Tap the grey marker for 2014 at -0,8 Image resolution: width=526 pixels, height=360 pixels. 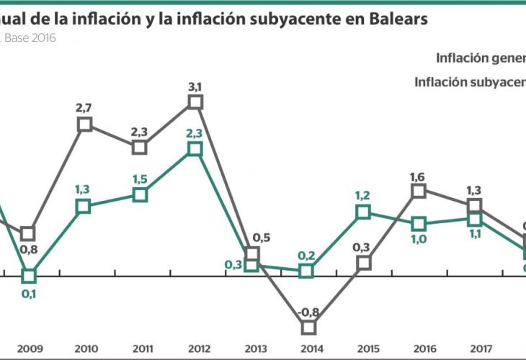308,327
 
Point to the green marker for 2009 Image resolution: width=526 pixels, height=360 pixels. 29,276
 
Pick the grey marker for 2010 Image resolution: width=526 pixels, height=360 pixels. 84,124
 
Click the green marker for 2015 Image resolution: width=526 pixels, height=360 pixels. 363,212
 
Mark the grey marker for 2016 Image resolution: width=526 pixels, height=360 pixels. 419,190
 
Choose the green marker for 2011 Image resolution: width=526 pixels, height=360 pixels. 141,194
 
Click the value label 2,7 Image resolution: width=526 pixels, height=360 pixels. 84,107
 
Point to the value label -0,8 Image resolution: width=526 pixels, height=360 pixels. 308,312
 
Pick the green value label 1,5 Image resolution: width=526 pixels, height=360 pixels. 141,179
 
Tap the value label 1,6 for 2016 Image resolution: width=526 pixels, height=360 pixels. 419,174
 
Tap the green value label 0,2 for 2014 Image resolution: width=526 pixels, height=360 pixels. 308,255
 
